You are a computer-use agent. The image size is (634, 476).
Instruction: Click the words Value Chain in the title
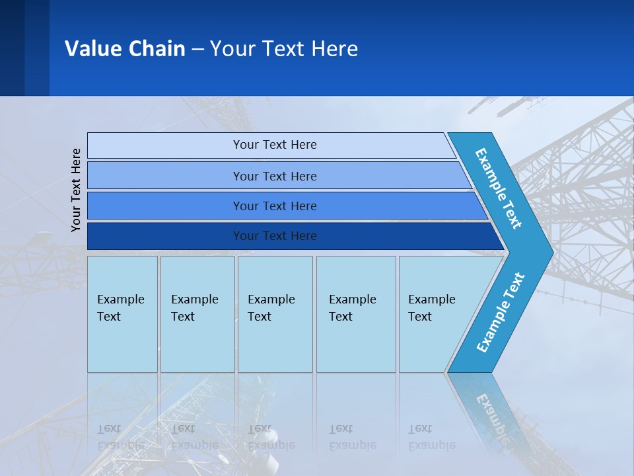click(125, 48)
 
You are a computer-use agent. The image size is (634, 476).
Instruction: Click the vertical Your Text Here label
click(76, 190)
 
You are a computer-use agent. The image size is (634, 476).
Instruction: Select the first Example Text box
click(122, 314)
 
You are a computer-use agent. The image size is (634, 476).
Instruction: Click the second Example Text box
click(197, 314)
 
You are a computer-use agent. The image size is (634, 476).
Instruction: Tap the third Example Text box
click(275, 314)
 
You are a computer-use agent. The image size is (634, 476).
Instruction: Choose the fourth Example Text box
click(355, 314)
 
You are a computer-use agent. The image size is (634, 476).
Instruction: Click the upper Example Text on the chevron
click(499, 188)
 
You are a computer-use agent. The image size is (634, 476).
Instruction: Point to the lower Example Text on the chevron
click(500, 313)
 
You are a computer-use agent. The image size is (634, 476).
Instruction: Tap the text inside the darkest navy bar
click(275, 236)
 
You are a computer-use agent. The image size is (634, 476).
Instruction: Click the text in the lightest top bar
click(275, 145)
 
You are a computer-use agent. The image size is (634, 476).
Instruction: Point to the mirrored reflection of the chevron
click(489, 410)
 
